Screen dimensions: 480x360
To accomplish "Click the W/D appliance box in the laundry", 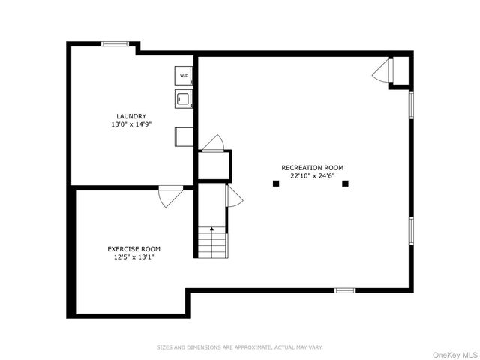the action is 184,76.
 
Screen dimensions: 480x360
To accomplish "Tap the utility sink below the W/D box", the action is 184,98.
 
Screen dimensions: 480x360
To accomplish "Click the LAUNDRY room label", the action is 131,116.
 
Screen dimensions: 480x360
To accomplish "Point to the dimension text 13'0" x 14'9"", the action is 131,124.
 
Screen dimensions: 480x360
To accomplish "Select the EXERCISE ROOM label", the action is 133,249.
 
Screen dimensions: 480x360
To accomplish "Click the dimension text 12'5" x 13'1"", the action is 133,257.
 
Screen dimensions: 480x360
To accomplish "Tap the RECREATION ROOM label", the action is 313,168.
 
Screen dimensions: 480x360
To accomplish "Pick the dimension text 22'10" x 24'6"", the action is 313,176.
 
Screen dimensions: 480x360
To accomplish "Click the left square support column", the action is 276,183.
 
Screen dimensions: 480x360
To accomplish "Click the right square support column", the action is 345,183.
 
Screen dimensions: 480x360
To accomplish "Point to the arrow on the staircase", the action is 211,241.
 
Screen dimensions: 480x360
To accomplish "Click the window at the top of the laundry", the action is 115,44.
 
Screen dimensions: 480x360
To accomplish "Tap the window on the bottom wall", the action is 345,290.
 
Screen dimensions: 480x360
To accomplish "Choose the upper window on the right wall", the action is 411,105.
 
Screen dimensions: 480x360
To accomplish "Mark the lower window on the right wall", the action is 411,231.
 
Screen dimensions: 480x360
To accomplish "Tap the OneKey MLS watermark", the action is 455,355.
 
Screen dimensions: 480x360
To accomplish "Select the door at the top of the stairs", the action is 233,196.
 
